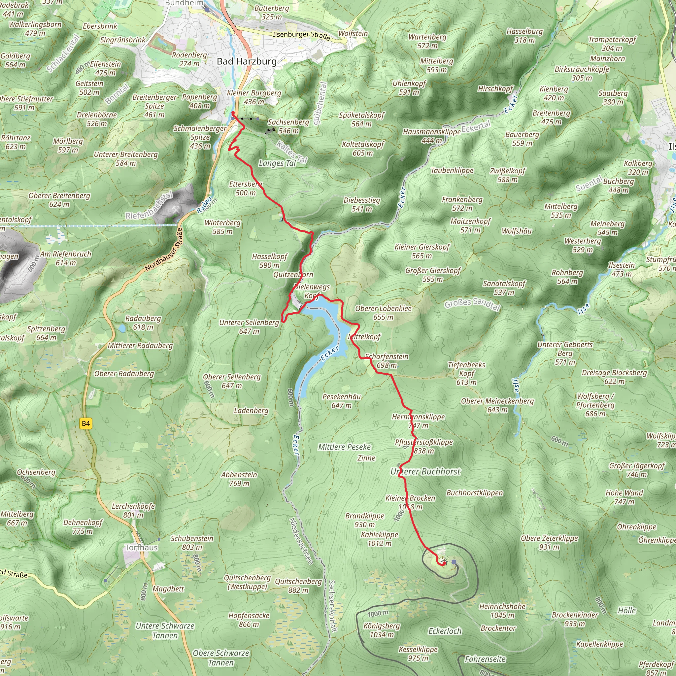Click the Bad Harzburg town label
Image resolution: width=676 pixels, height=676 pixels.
click(247, 62)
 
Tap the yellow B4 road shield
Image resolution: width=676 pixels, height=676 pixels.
click(86, 424)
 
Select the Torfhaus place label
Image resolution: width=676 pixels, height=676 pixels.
click(141, 548)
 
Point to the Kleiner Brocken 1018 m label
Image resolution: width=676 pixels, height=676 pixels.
click(410, 502)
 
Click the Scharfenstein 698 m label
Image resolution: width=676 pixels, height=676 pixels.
click(387, 361)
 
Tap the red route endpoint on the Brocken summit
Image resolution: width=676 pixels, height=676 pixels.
click(443, 564)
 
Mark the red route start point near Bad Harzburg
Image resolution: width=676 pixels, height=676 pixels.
click(233, 113)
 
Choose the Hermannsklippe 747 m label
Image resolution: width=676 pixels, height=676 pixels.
click(419, 421)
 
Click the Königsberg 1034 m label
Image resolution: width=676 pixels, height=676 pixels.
click(382, 630)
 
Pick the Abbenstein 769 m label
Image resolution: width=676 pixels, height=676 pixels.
click(239, 479)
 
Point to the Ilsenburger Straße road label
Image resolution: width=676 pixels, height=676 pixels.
click(301, 35)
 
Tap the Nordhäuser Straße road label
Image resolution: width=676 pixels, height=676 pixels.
click(164, 250)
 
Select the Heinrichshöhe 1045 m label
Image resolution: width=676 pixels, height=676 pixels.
click(502, 611)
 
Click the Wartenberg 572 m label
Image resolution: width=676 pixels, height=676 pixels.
click(427, 41)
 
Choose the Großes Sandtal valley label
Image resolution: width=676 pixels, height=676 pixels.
click(472, 304)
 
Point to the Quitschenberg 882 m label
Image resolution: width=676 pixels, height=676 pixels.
click(298, 586)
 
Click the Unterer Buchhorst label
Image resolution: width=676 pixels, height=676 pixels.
click(425, 472)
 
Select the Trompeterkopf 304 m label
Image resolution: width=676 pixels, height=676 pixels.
click(612, 44)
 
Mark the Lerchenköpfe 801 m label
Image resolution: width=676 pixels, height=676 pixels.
click(133, 511)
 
